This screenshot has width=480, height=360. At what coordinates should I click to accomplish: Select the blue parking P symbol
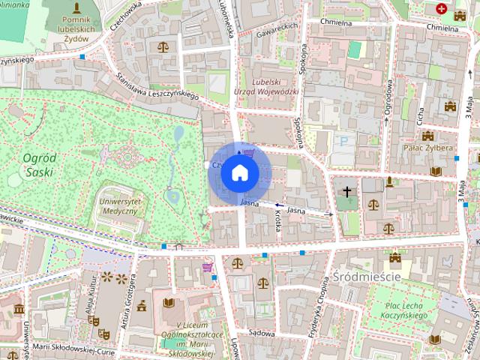point(344,141)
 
